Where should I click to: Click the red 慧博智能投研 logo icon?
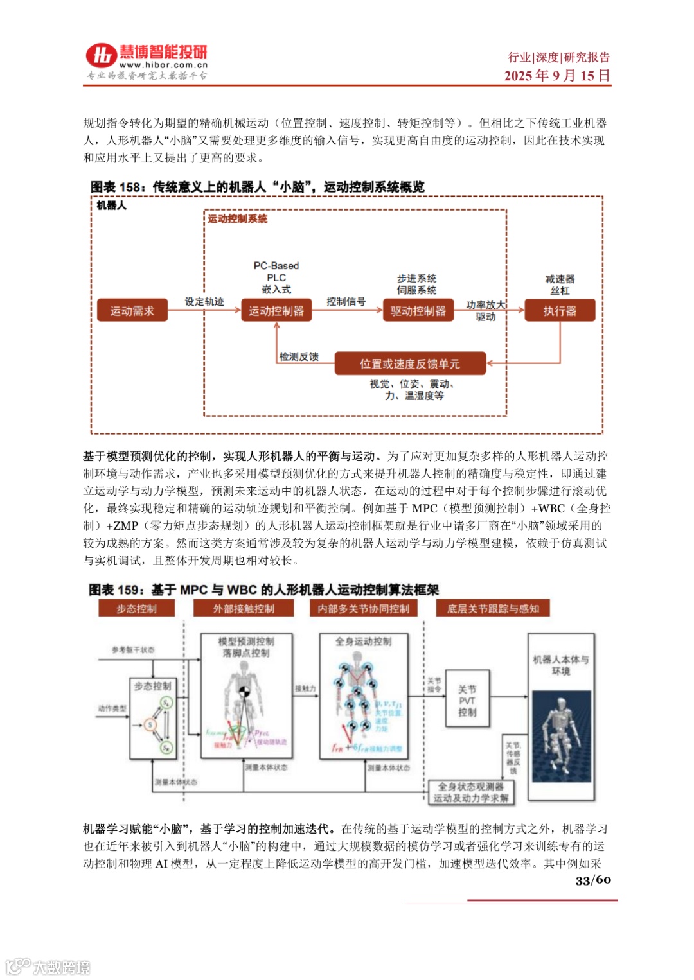click(101, 56)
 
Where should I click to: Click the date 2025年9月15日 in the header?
click(556, 76)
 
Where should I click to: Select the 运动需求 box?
click(132, 311)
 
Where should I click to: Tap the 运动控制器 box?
click(276, 311)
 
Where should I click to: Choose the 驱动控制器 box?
click(418, 311)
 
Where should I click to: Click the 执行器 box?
click(560, 311)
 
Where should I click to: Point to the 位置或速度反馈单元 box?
click(410, 364)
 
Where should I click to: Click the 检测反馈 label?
click(299, 356)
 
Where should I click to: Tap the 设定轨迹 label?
click(204, 301)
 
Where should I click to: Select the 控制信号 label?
click(346, 301)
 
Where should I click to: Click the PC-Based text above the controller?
click(276, 265)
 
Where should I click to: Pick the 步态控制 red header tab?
click(136, 608)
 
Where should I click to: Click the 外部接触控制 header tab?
click(244, 608)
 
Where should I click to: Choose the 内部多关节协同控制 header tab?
click(363, 608)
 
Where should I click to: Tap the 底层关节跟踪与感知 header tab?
click(493, 608)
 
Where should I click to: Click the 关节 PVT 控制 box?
click(467, 701)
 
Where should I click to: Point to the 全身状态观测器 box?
click(471, 792)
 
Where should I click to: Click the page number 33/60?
click(592, 880)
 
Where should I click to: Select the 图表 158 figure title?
click(257, 187)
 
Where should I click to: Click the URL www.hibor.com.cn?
click(163, 65)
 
